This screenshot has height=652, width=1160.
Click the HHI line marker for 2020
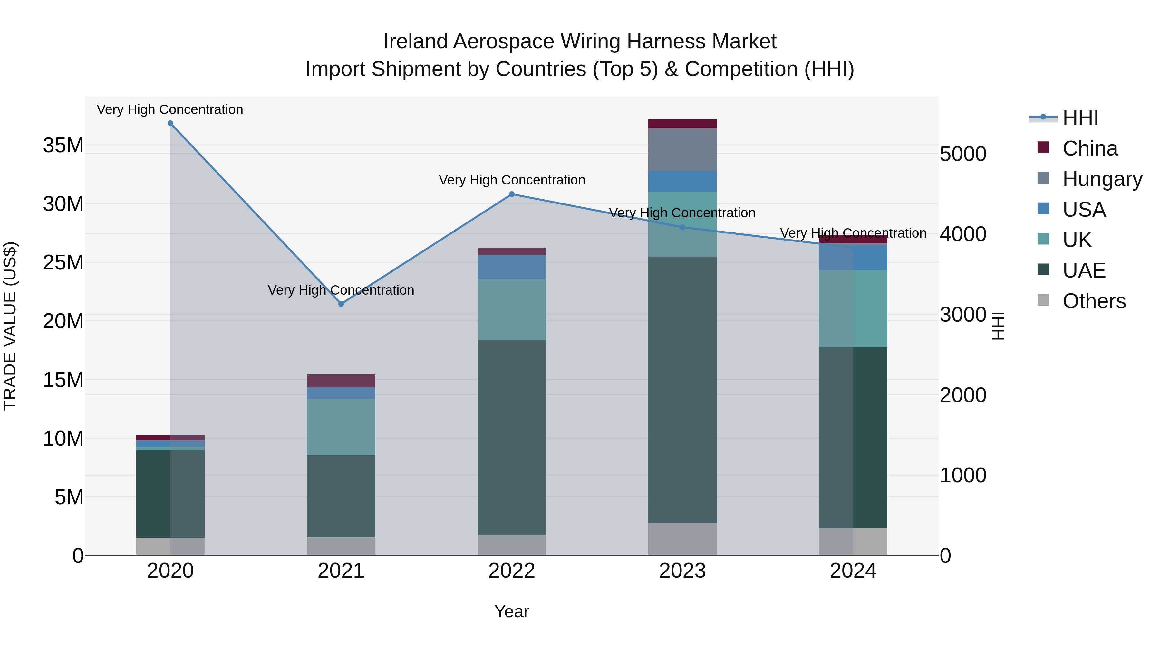170,123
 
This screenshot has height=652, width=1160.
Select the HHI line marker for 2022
512,194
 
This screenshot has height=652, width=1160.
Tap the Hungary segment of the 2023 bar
682,149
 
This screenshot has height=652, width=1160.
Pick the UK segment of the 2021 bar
341,427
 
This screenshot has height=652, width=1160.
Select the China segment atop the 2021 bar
341,381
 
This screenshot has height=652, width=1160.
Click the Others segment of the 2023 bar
682,539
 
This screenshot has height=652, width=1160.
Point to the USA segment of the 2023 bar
682,181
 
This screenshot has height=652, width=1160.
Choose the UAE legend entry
1083,270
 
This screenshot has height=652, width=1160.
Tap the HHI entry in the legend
1080,118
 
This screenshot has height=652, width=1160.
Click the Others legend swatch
1043,300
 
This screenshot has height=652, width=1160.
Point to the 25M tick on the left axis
63,262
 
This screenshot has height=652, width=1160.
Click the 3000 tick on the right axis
963,315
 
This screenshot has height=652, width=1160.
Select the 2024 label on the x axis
853,571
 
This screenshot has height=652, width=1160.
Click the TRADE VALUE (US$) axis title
10,326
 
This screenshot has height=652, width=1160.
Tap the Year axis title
512,611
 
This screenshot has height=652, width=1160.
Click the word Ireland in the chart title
415,42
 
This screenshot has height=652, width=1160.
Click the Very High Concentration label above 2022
512,180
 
